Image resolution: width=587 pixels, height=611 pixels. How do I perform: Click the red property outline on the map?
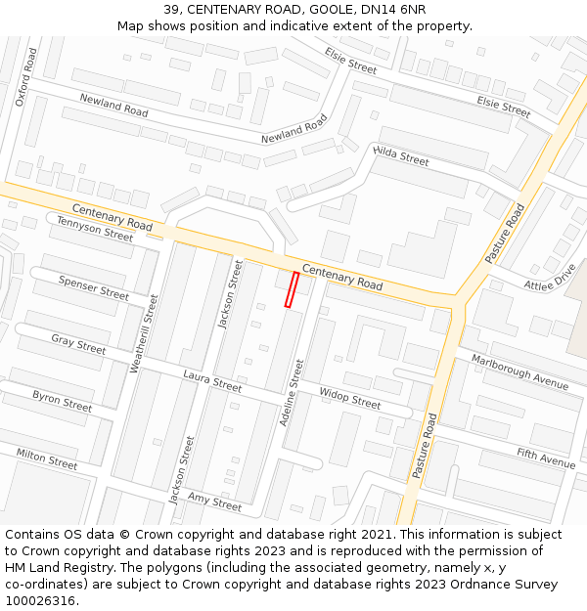[x=291, y=290]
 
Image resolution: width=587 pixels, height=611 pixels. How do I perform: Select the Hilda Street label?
[x=401, y=154]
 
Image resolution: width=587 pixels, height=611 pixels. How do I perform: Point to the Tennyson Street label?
[x=94, y=229]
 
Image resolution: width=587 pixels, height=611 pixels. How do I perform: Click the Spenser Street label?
[x=93, y=287]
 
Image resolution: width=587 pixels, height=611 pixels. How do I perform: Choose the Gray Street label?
[x=78, y=344]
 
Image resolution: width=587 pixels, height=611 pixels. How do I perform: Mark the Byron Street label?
[x=62, y=401]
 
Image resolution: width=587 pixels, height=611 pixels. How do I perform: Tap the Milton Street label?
[x=47, y=458]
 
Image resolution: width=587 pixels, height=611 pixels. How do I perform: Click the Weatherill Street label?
[x=144, y=333]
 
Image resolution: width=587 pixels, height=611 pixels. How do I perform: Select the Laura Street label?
[x=212, y=381]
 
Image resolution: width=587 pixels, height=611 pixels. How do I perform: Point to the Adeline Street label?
[x=292, y=392]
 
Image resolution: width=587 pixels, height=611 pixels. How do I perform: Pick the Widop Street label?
[x=350, y=399]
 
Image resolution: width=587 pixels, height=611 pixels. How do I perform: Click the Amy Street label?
[x=214, y=502]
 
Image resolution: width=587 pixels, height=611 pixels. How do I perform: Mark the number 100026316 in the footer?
[x=40, y=600]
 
